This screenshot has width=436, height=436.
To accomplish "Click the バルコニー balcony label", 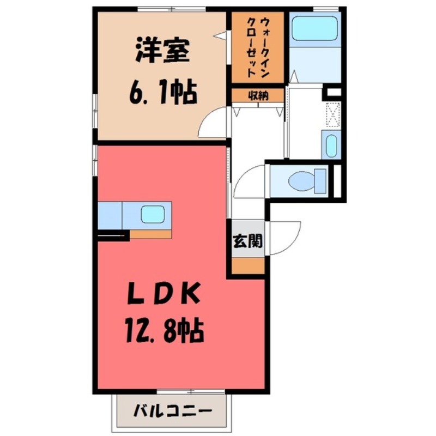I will click(171, 410).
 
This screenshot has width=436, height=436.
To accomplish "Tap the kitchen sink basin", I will click(153, 215).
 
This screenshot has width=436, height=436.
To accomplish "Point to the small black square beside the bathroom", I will click(333, 93).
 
